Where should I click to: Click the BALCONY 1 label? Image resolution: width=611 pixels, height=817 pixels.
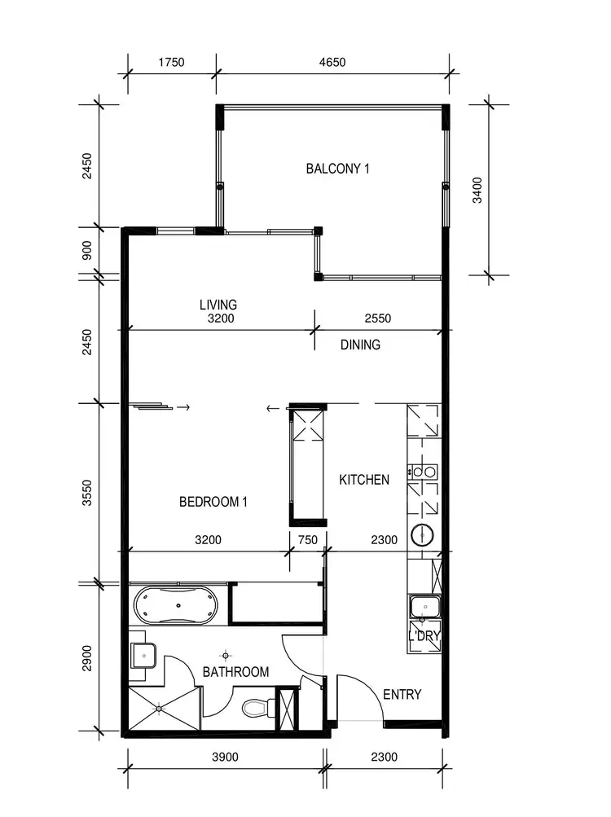[337, 169]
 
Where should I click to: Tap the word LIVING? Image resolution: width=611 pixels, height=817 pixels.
[218, 305]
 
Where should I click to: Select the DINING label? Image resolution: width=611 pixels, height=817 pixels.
[360, 345]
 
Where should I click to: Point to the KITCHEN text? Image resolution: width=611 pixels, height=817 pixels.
[364, 480]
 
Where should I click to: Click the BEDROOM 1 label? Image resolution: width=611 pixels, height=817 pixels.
[213, 502]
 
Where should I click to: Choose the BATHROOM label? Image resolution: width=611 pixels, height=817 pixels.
[235, 672]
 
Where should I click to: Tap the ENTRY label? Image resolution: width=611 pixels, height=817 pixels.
[402, 695]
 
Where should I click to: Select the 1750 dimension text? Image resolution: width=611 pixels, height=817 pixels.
[171, 61]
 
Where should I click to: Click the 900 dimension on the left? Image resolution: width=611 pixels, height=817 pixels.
[88, 252]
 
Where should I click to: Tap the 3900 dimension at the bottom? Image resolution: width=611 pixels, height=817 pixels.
[226, 757]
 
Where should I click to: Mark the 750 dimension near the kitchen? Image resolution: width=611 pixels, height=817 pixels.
[307, 539]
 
